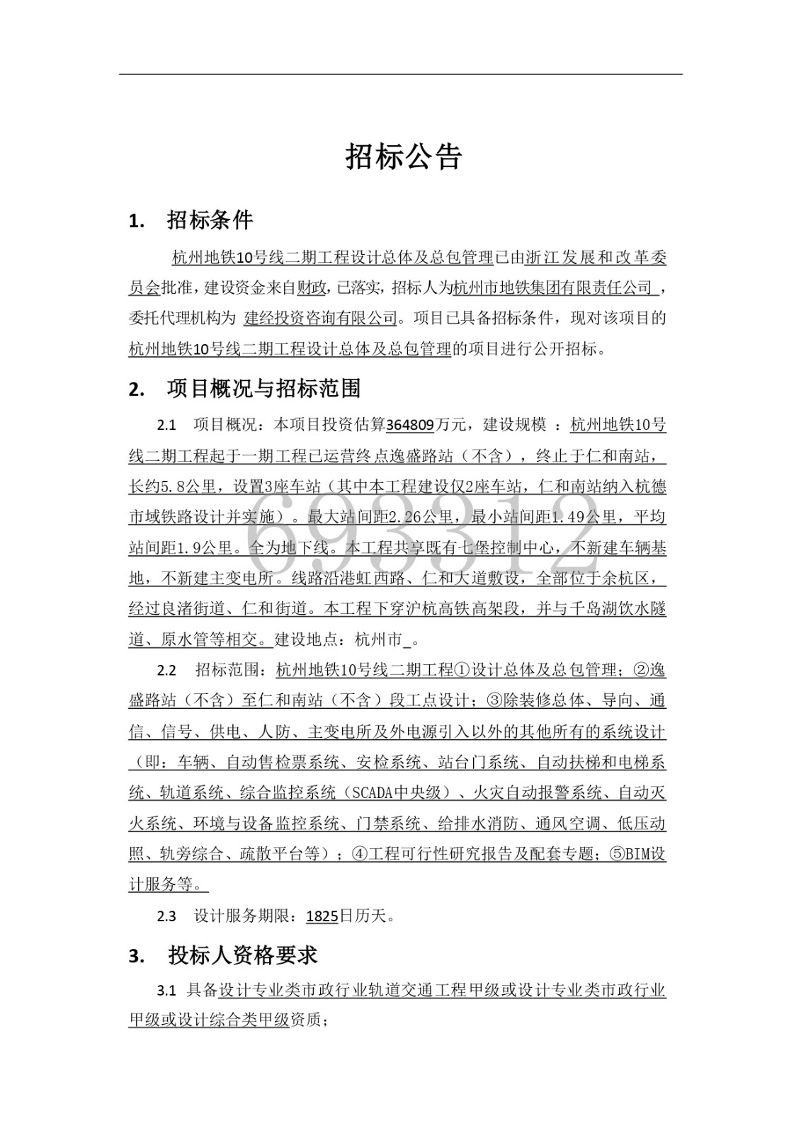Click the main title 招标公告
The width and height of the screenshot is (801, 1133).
pyautogui.click(x=403, y=157)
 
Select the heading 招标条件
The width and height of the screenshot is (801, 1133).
pyautogui.click(x=210, y=220)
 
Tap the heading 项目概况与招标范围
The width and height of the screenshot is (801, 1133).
pyautogui.click(x=263, y=388)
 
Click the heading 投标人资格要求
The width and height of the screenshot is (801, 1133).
pyautogui.click(x=242, y=955)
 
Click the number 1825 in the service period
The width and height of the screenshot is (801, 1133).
pyautogui.click(x=322, y=916)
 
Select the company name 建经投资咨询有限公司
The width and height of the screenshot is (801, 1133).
pyautogui.click(x=320, y=318)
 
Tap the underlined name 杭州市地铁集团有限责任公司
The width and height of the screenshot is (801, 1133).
pyautogui.click(x=552, y=287)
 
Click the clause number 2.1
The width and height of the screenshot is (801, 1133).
pyautogui.click(x=166, y=425)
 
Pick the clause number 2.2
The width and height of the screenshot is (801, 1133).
pyautogui.click(x=166, y=671)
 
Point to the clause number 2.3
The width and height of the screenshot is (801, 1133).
pyautogui.click(x=166, y=916)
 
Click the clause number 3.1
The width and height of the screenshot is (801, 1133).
pyautogui.click(x=166, y=990)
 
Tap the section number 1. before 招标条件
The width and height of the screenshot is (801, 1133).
pyautogui.click(x=137, y=221)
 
